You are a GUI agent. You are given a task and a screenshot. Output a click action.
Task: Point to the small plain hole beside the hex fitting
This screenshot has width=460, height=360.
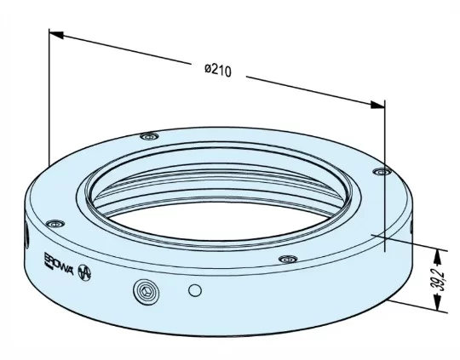pos(196,291)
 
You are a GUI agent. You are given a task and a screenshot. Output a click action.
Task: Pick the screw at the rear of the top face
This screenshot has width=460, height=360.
pos(151,136)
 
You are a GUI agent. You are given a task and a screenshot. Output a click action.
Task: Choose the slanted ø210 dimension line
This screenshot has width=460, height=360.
pos(153,56)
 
